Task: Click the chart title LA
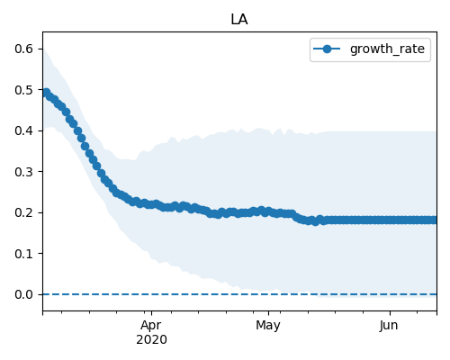(x=239, y=20)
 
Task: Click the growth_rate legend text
(x=387, y=49)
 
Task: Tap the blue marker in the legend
(x=327, y=49)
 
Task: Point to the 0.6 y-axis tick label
(x=23, y=49)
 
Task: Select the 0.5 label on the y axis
(x=23, y=90)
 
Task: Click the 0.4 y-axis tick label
(x=23, y=130)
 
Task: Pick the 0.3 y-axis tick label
(x=23, y=172)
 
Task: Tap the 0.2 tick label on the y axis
(x=23, y=212)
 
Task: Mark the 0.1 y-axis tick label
(x=23, y=254)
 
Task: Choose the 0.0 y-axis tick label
(x=23, y=294)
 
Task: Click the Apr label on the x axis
(x=151, y=326)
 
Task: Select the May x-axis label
(x=268, y=326)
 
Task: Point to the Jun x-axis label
(x=389, y=326)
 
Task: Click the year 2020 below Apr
(x=151, y=340)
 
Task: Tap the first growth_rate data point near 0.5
(x=46, y=93)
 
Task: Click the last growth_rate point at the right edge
(x=433, y=220)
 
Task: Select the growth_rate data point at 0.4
(x=78, y=130)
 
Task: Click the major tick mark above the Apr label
(x=151, y=313)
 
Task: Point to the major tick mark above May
(x=268, y=313)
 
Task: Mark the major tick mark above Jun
(x=390, y=313)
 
